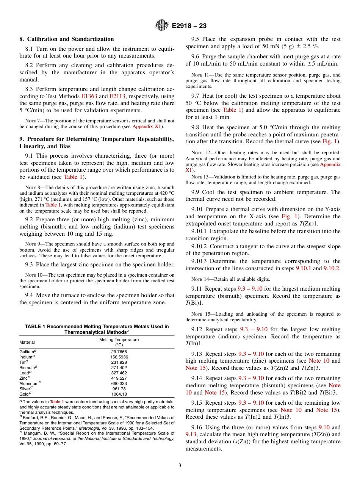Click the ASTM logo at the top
162,26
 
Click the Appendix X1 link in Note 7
147,127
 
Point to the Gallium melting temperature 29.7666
119,352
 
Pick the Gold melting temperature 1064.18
119,394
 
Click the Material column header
27,342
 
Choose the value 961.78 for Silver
119,389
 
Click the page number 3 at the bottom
180,466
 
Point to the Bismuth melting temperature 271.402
119,368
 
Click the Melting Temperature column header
119,340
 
